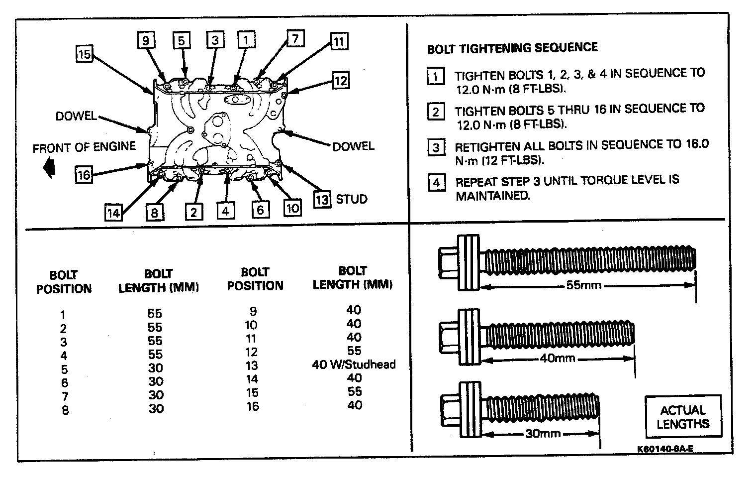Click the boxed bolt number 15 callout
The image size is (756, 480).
(x=84, y=53)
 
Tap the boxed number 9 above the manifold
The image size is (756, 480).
(x=146, y=40)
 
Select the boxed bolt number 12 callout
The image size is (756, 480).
(x=340, y=81)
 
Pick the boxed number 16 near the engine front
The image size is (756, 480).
(x=84, y=175)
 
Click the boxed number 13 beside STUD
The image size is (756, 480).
(x=322, y=200)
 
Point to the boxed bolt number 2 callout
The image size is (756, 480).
(x=193, y=212)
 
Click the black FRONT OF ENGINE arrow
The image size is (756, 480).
(x=49, y=167)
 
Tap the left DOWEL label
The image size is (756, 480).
(x=76, y=117)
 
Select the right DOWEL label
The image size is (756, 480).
(x=353, y=146)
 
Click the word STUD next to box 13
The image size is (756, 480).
(x=352, y=200)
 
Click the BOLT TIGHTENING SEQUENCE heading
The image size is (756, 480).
(x=512, y=48)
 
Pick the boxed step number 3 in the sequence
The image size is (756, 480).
(x=436, y=147)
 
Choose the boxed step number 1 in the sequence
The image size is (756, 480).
(x=436, y=77)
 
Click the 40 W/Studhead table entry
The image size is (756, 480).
(x=354, y=364)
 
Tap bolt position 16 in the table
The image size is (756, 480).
(x=253, y=406)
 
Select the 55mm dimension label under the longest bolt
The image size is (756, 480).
(x=583, y=286)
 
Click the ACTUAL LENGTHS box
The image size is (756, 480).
(x=682, y=417)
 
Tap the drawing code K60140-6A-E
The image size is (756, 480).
(x=665, y=449)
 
